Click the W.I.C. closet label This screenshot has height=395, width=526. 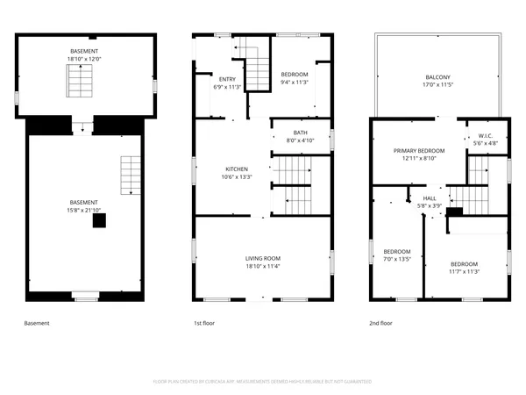[487, 135]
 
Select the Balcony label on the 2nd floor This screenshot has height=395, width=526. [437, 76]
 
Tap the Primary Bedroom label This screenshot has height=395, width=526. [418, 151]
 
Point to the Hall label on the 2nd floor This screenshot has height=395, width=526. [430, 198]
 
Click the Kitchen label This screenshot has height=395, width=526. [237, 169]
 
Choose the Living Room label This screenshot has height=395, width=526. [263, 257]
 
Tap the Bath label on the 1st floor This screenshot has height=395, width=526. [300, 133]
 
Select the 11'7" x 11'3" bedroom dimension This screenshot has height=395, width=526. [465, 271]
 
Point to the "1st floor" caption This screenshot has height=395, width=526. [204, 324]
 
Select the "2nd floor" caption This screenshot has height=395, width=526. [380, 324]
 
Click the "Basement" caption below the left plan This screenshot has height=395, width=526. [36, 324]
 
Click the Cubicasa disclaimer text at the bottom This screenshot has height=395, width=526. [263, 382]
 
